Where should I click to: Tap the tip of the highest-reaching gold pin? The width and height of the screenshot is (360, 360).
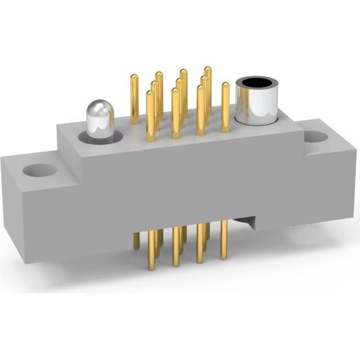tap(208, 69)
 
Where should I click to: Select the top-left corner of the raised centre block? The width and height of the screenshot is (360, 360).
tap(60, 125)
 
